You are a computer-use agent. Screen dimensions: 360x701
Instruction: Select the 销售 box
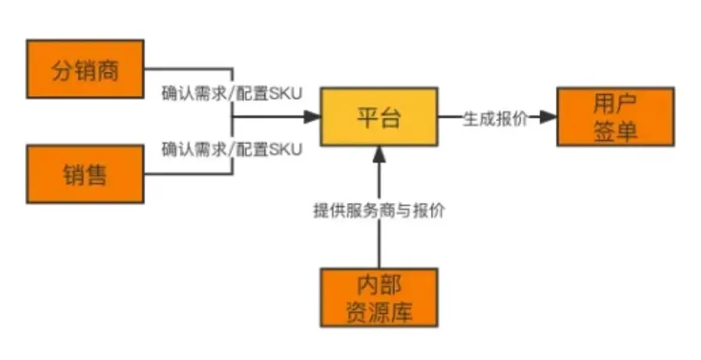click(86, 174)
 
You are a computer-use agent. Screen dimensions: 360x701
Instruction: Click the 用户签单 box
click(615, 116)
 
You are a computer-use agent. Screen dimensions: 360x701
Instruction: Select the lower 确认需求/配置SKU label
click(232, 148)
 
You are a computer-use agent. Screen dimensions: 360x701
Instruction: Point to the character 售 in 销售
click(97, 174)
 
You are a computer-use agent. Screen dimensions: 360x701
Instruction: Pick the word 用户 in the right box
click(615, 103)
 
